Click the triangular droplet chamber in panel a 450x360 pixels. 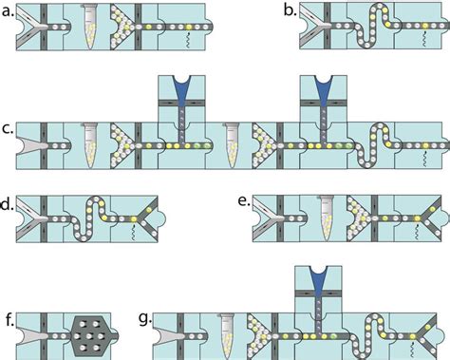[x=122, y=28]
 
